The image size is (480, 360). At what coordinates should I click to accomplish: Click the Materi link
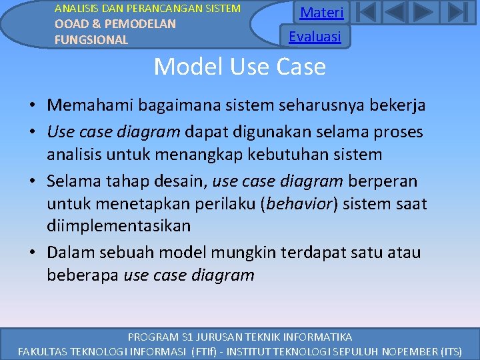321,13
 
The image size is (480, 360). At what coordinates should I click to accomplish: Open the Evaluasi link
315,36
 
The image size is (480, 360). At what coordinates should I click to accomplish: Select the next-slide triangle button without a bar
423,13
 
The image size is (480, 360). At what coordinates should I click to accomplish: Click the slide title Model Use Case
239,67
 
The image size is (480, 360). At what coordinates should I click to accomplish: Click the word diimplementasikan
119,226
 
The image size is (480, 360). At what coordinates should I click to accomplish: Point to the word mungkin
244,252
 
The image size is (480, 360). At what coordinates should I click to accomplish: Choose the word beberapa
83,275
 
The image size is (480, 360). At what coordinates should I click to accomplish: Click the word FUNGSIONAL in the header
91,39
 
